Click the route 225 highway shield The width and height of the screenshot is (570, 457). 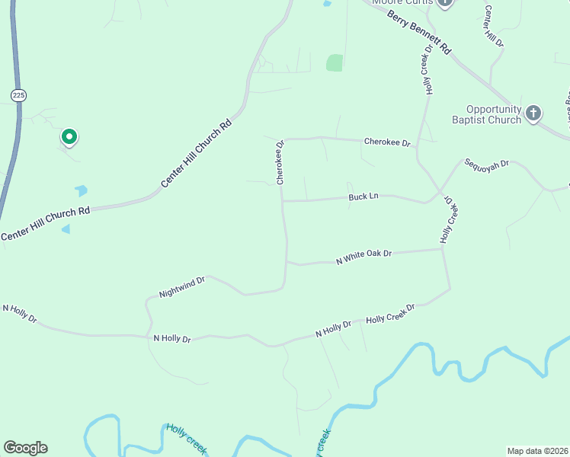point(19,94)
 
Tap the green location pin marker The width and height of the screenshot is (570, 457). point(69,137)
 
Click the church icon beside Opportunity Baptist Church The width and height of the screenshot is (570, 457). point(533,113)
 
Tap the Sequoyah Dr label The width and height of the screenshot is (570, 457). point(486,163)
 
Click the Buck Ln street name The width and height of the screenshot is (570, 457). point(363,197)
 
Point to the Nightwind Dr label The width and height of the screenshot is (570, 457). point(182,287)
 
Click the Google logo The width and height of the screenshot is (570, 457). point(25,448)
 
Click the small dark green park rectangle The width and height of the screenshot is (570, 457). point(335,62)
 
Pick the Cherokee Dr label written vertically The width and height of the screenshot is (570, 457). point(280,162)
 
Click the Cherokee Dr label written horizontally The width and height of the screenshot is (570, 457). point(387,142)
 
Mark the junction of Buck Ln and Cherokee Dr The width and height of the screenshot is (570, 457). point(282,201)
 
